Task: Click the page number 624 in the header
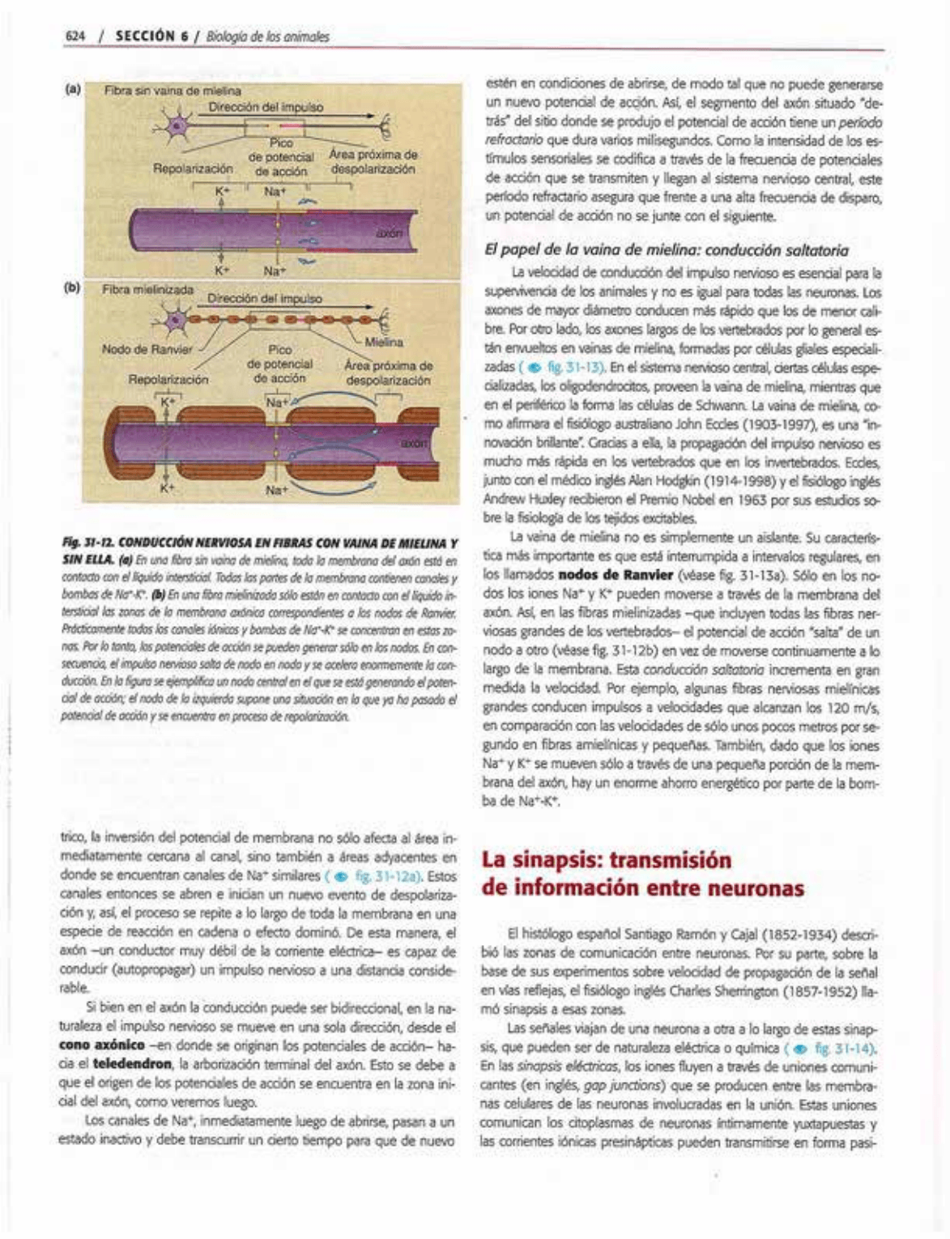pos(75,36)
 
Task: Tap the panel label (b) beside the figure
pos(73,287)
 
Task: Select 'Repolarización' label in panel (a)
pos(194,169)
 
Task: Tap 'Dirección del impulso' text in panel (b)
pos(265,298)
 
